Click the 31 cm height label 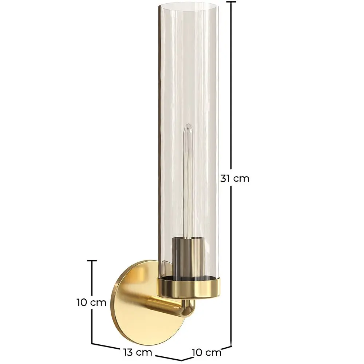coord(235,178)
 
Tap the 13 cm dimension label coord(138,352)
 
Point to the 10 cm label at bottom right coord(207,353)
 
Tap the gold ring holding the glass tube coord(188,288)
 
